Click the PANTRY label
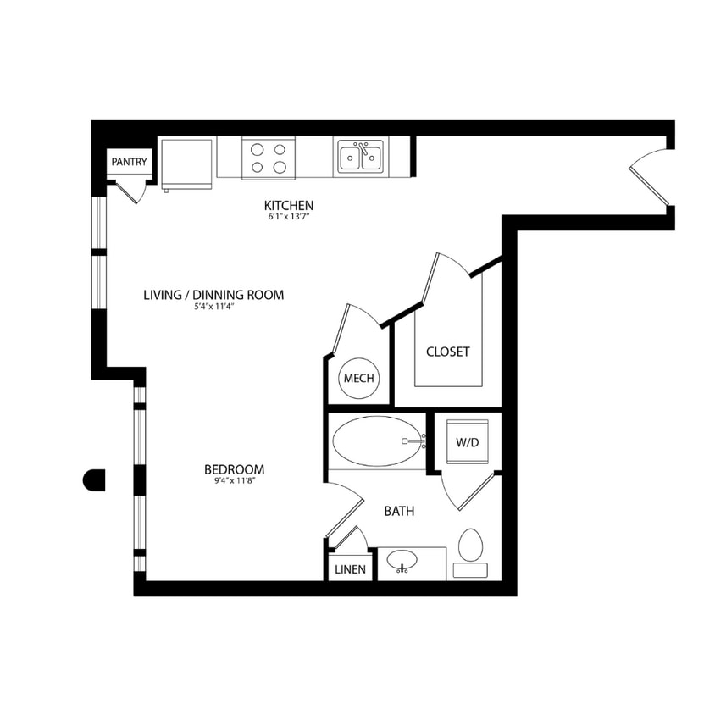click(129, 162)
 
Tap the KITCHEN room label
click(289, 206)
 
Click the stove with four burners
click(269, 158)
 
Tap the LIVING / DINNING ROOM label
click(213, 295)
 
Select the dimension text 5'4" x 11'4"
click(213, 308)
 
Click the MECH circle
click(359, 379)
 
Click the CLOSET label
click(447, 352)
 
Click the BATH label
click(399, 511)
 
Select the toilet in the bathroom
click(469, 552)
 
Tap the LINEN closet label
click(350, 569)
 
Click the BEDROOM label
click(234, 469)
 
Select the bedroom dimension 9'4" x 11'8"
click(234, 482)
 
